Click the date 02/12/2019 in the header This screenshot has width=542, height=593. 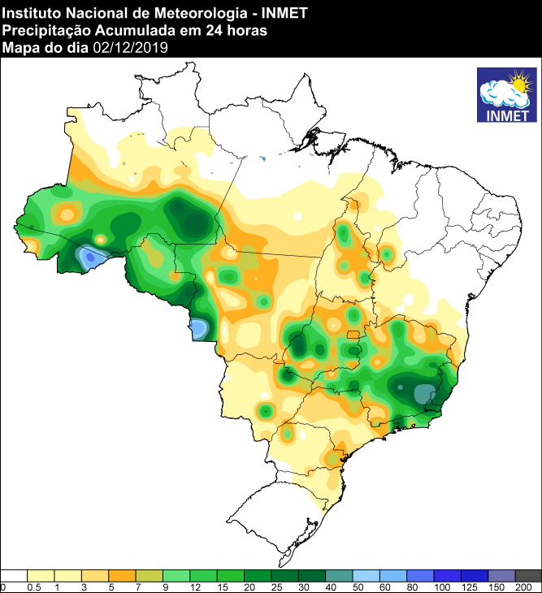pos(131,48)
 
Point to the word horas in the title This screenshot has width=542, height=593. pos(249,31)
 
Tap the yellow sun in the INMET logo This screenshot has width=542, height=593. pos(518,82)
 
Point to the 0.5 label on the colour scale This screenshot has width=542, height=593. pos(33,587)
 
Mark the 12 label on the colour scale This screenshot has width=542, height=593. pos(195,587)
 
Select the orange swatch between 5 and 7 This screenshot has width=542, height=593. pos(122,575)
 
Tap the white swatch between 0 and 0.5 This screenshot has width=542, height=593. pos(14,575)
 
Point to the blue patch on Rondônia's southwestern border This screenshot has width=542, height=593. pos(197,328)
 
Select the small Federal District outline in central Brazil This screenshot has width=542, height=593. pos(353,335)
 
